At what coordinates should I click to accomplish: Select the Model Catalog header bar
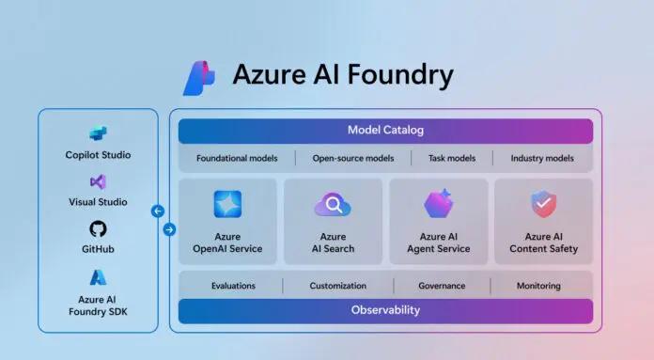tap(385, 131)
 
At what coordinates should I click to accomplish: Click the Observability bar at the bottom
tap(385, 309)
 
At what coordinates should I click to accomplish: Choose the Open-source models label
tap(353, 158)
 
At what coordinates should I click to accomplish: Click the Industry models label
tap(542, 158)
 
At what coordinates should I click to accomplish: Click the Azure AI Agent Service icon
tap(438, 203)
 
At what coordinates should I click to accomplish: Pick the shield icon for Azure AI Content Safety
tap(543, 203)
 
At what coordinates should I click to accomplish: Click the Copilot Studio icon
tap(98, 134)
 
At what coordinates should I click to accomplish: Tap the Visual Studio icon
tap(98, 181)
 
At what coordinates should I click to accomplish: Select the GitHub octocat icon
tap(98, 229)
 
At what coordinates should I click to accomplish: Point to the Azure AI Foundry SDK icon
tap(98, 277)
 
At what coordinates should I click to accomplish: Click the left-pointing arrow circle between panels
tap(158, 211)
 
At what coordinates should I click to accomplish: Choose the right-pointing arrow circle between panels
tap(169, 229)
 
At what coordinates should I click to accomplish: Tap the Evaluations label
tap(233, 286)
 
